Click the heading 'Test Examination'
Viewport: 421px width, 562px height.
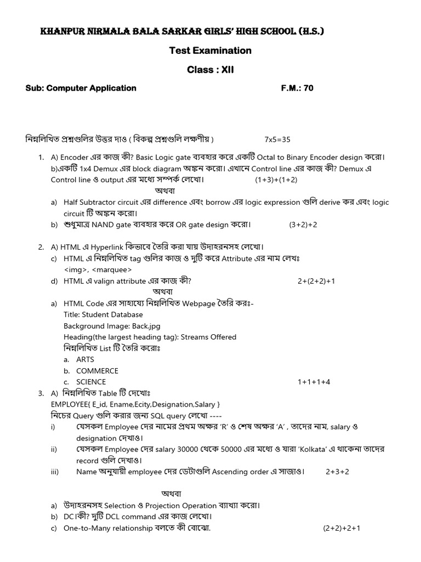coord(210,50)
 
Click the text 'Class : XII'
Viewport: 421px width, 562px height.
coord(210,70)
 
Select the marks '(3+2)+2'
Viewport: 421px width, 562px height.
coord(303,224)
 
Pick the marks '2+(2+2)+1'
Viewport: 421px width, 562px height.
coord(316,281)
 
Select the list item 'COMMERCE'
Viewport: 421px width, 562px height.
coord(97,370)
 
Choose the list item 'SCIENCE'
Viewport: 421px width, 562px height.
coord(91,381)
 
